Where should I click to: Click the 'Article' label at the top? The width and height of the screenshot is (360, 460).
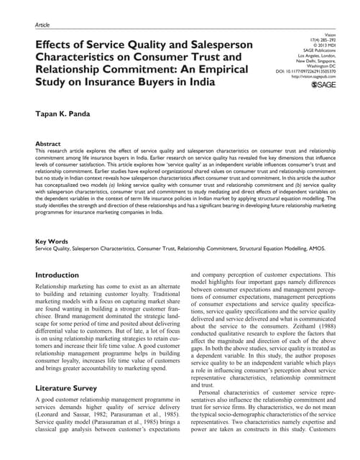[43, 24]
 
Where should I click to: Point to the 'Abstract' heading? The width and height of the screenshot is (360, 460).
[48, 144]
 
